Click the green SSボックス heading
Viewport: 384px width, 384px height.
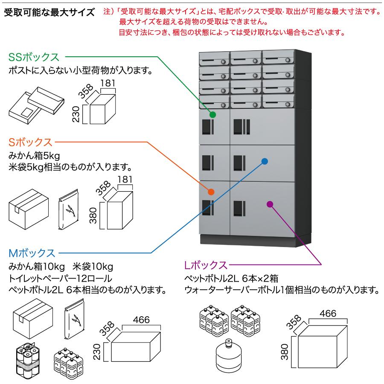coord(36,57)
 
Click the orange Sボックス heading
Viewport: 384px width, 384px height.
coord(30,142)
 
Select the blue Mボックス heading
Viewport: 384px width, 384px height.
coord(32,253)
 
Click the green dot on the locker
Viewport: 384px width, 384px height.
coord(212,114)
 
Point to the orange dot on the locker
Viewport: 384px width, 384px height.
coord(211,192)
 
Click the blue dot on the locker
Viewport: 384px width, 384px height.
coord(265,161)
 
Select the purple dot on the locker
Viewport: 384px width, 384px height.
coord(269,204)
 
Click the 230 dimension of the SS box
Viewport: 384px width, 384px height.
coord(76,114)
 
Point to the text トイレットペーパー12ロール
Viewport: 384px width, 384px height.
coord(60,279)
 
